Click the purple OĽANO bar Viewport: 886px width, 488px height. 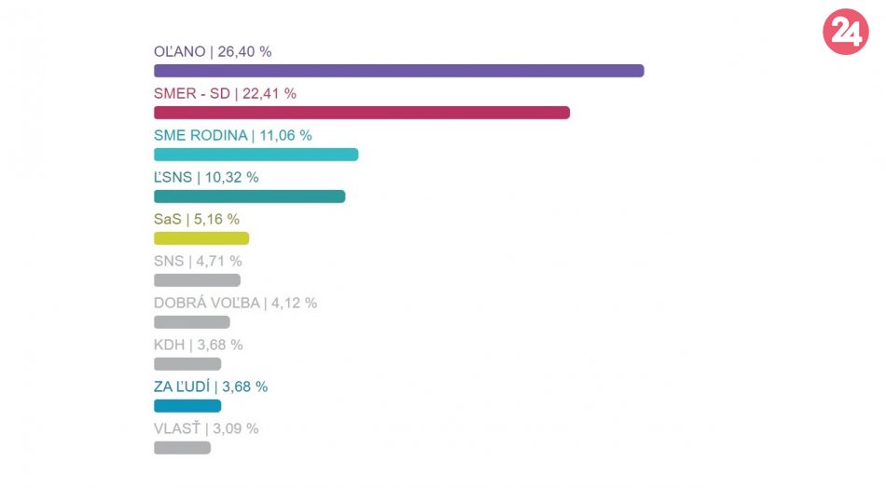click(399, 71)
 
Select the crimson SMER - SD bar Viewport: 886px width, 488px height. click(362, 113)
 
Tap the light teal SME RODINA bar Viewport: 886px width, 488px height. click(256, 155)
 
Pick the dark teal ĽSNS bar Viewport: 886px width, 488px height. click(249, 197)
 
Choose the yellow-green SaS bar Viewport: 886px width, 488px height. click(201, 238)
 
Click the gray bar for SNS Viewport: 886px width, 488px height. click(197, 280)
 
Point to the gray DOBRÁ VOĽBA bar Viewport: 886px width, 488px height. click(191, 322)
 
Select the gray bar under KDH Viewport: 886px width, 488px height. click(187, 364)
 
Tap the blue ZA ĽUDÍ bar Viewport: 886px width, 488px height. click(187, 406)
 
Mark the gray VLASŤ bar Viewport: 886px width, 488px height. click(182, 448)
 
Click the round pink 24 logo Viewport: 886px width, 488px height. click(845, 33)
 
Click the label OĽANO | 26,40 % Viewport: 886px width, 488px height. click(213, 52)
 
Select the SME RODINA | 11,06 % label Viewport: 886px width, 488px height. click(232, 135)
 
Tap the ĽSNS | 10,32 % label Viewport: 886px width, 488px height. click(206, 177)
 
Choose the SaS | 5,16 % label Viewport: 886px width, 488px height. click(196, 219)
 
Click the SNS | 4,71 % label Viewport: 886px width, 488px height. click(198, 261)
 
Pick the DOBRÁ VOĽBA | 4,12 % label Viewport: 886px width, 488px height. click(235, 303)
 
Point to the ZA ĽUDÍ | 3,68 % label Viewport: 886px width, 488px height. click(210, 386)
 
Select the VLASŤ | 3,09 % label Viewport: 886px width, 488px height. click(206, 428)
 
